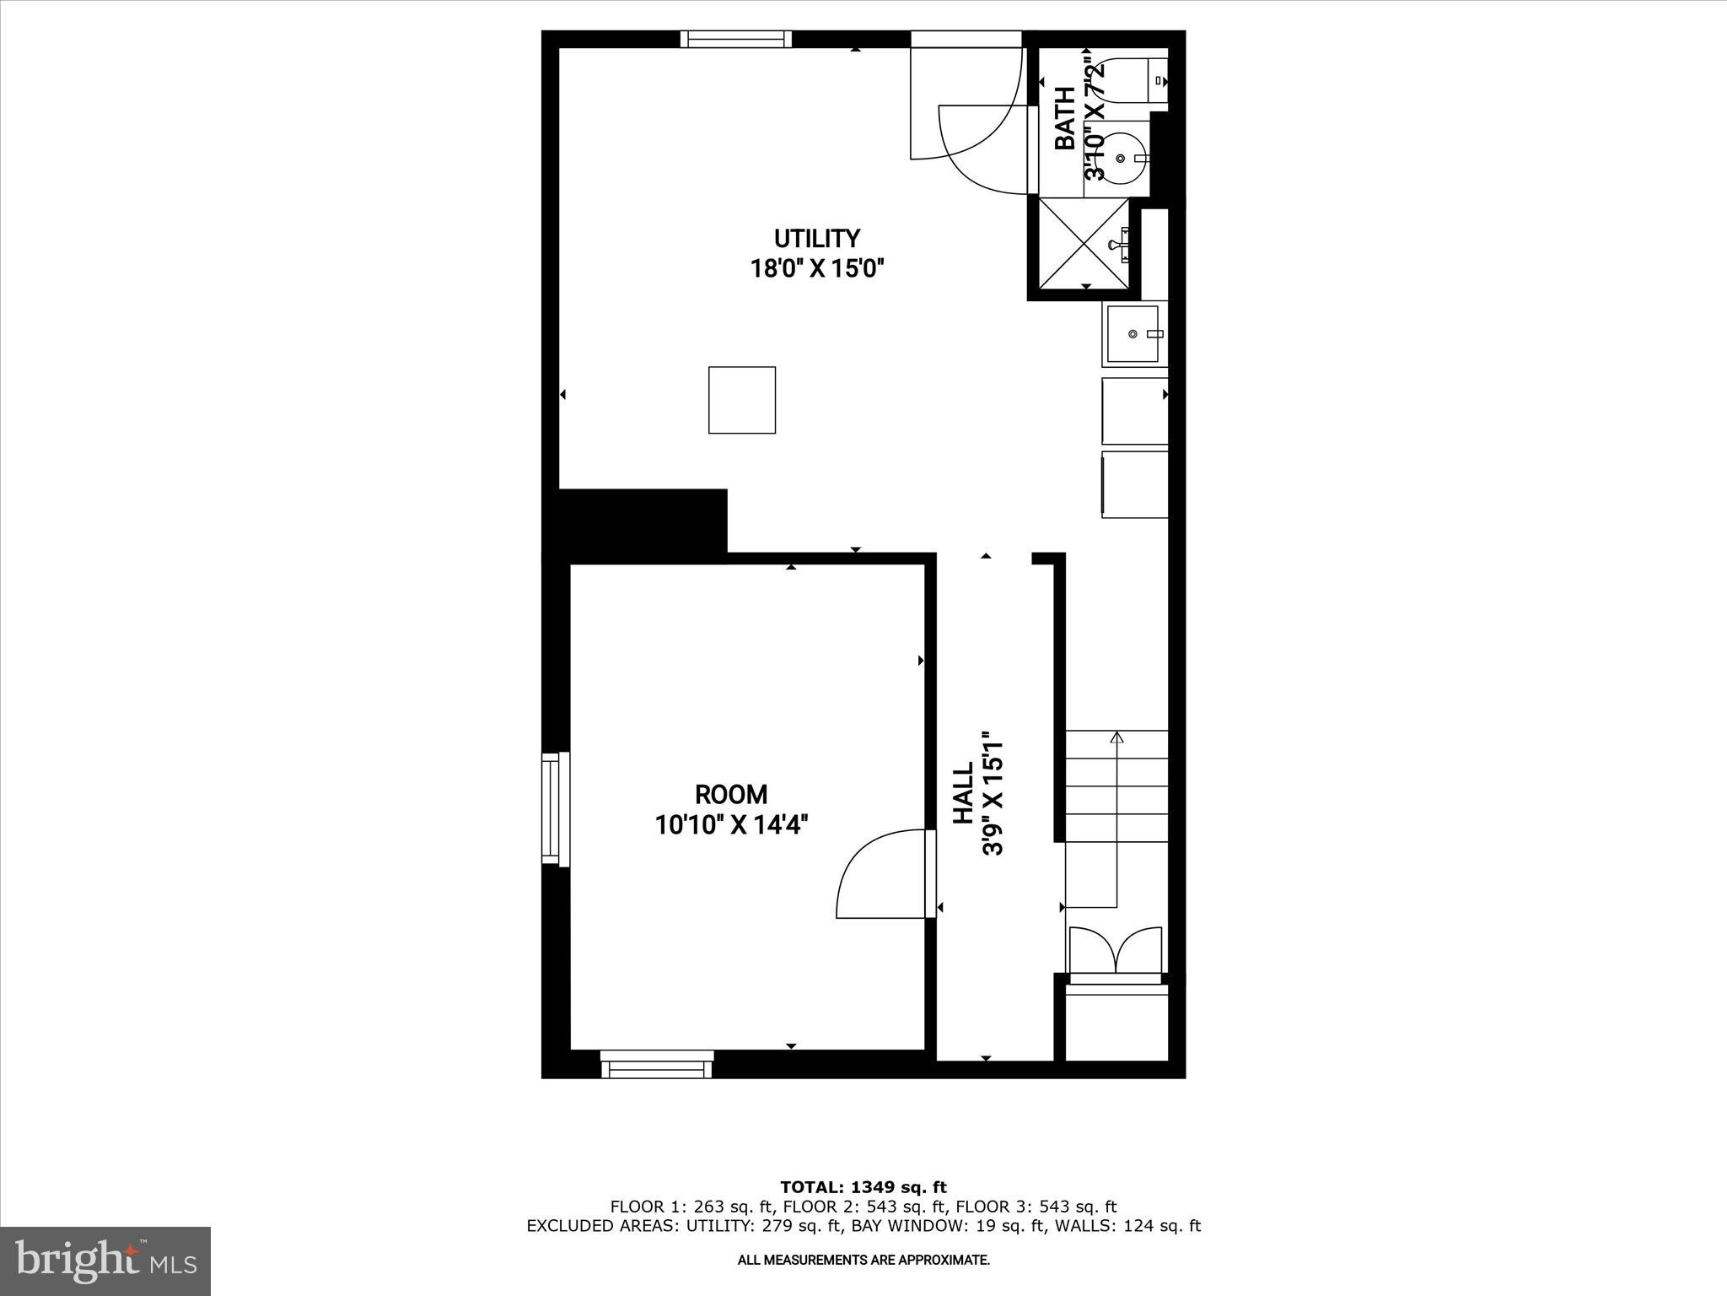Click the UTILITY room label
pos(816,239)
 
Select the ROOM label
pos(731,794)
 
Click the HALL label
pos(963,793)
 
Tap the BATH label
pos(1065,118)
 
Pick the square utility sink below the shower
pos(1133,333)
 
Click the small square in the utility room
pos(742,400)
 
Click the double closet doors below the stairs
pos(1116,950)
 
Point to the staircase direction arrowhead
pos(1117,737)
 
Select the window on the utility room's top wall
pos(736,39)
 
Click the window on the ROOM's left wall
pos(553,808)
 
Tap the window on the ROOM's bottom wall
pos(658,1066)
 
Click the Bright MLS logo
pos(105,1261)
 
